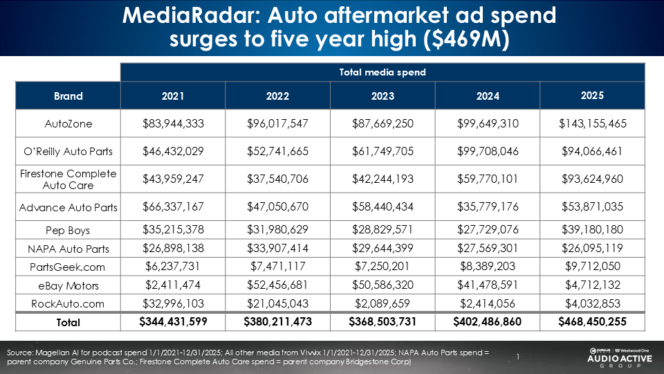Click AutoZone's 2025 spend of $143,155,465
[x=592, y=124]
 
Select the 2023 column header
[x=382, y=96]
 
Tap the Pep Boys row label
[x=68, y=230]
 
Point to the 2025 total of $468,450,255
[x=592, y=322]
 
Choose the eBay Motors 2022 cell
[x=277, y=285]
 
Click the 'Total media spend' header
[x=382, y=72]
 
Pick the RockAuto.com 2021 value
[x=173, y=303]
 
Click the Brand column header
[x=68, y=96]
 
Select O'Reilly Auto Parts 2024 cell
[x=487, y=152]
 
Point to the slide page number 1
[x=517, y=357]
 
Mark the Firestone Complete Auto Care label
[x=68, y=179]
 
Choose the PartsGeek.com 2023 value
[x=382, y=267]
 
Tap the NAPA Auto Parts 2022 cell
[x=277, y=249]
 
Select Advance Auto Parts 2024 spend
[x=487, y=207]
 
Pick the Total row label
[x=68, y=322]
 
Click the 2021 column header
[x=173, y=96]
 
